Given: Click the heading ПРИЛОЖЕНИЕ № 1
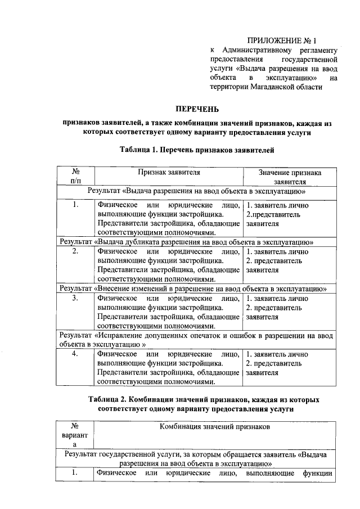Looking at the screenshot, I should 282,40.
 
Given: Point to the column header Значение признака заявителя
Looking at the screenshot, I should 290,177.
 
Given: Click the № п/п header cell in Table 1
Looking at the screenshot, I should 76,177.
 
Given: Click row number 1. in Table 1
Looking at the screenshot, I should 76,205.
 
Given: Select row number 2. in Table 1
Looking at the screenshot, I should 76,251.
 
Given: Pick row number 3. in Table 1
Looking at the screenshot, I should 76,298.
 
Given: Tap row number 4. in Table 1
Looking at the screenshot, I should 76,354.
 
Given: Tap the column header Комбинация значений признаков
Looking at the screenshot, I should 215,427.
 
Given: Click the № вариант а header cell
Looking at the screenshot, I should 75,436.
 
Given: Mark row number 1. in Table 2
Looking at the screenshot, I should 75,473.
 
